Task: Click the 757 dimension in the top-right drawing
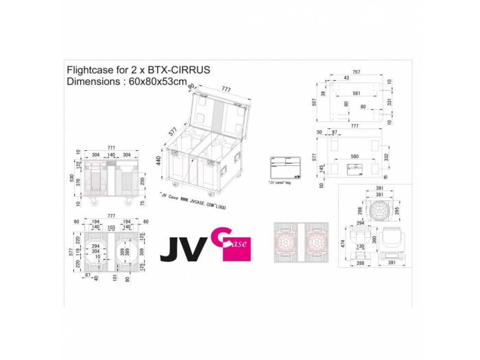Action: pos(356,71)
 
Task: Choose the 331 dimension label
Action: pos(388,101)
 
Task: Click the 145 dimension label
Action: pos(320,169)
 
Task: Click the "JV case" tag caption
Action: pos(279,182)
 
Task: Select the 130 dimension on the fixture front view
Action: pos(361,247)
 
